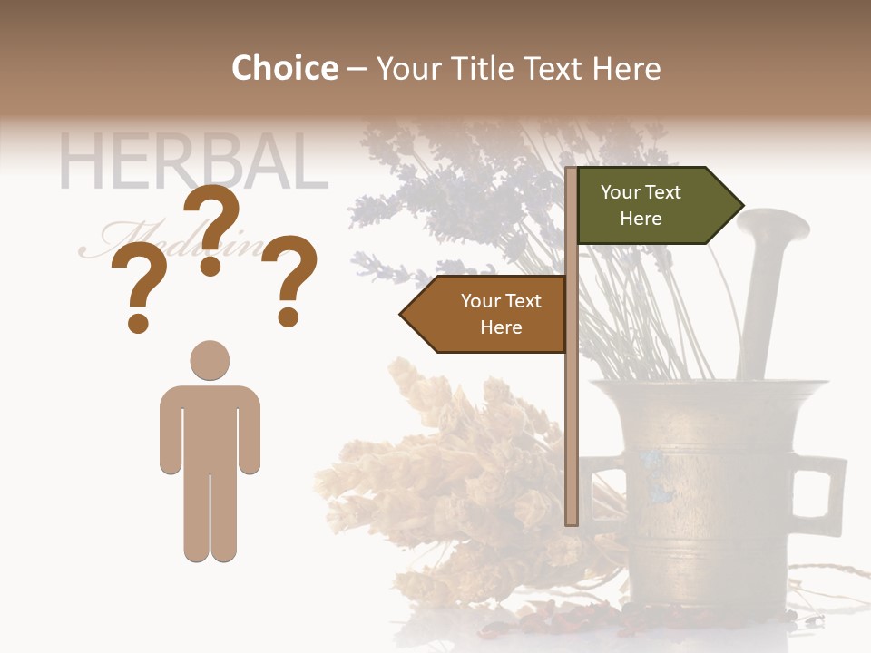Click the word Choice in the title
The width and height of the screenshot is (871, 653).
coord(284,68)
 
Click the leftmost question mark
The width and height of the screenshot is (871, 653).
coord(138,290)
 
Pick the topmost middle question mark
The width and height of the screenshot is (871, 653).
coord(211,231)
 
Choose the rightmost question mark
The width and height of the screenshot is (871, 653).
coord(289,279)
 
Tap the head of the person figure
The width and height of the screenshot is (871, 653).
coord(210,360)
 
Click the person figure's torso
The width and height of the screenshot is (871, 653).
coord(210,426)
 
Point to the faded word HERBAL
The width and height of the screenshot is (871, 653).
coord(192,163)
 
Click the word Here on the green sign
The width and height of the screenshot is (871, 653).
coord(641,219)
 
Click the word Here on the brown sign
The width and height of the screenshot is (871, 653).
coord(501,327)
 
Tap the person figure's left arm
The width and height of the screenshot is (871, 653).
coord(170,431)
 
